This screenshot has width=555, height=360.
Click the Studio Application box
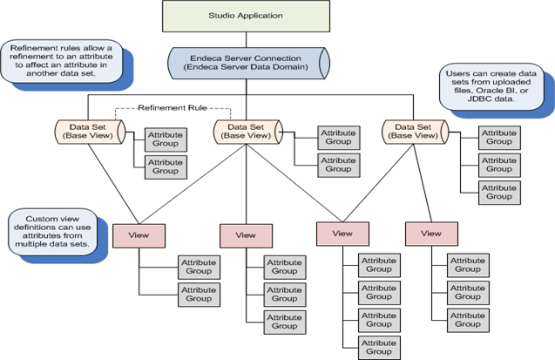pos(245,16)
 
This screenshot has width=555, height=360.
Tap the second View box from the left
pos(246,234)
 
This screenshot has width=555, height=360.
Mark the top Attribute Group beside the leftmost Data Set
pos(166,139)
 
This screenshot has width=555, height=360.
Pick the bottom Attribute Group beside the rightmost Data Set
pos(499,193)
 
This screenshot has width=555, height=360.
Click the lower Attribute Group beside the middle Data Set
pos(335,165)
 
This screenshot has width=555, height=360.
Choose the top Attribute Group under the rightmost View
pos(468,264)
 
